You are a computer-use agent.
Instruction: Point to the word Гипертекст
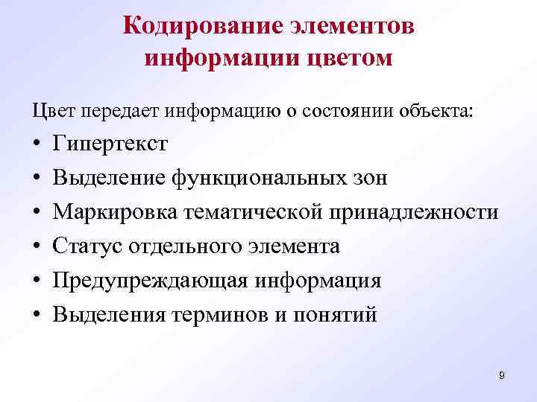pos(110,144)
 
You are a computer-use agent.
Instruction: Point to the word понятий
pos(340,315)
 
